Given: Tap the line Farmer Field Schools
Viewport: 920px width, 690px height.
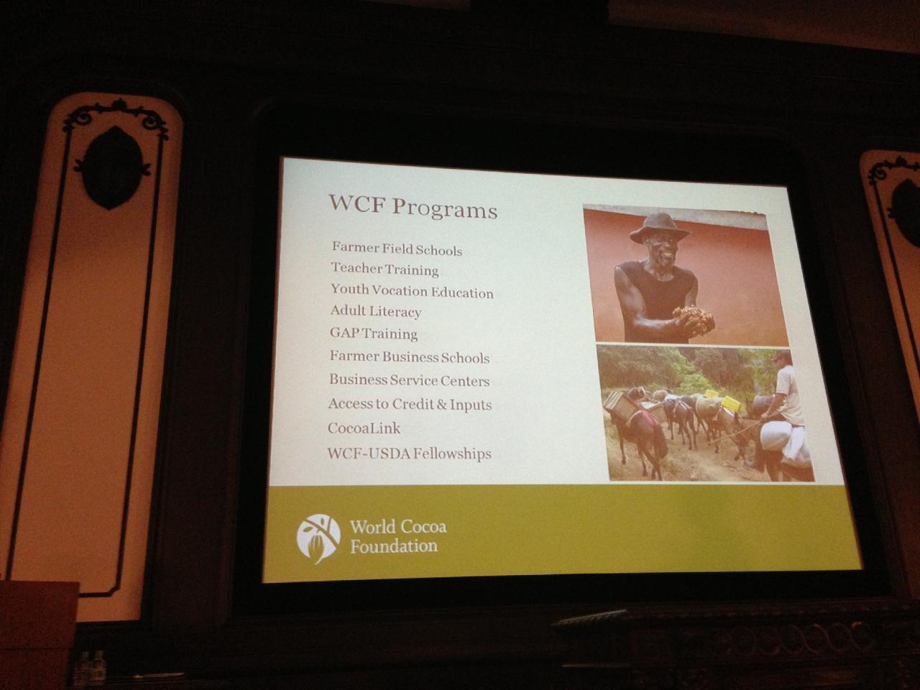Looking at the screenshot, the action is [x=397, y=249].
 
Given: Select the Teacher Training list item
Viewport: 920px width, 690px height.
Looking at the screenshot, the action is [x=385, y=269].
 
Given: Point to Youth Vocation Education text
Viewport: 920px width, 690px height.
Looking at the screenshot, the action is [x=412, y=291].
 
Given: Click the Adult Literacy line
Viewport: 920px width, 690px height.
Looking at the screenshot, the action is [x=375, y=311].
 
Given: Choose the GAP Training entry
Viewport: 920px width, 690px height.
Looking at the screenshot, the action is [x=374, y=333].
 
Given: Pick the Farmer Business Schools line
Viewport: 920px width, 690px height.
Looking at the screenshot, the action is [x=410, y=357].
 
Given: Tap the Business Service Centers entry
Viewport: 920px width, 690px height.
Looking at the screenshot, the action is [x=409, y=380].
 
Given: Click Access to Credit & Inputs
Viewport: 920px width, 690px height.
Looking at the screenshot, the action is [x=410, y=404].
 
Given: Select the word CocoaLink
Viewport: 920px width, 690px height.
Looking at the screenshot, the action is [x=364, y=428].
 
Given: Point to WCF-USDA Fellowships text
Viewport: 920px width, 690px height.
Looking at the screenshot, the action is [x=409, y=454].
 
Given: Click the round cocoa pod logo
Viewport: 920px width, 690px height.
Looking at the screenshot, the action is [x=318, y=538].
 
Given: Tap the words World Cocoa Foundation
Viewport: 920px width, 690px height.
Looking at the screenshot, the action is [x=397, y=537].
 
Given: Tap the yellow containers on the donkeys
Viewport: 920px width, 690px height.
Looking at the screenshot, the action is [x=723, y=400].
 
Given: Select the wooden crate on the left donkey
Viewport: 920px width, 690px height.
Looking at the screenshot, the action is [x=620, y=405].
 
